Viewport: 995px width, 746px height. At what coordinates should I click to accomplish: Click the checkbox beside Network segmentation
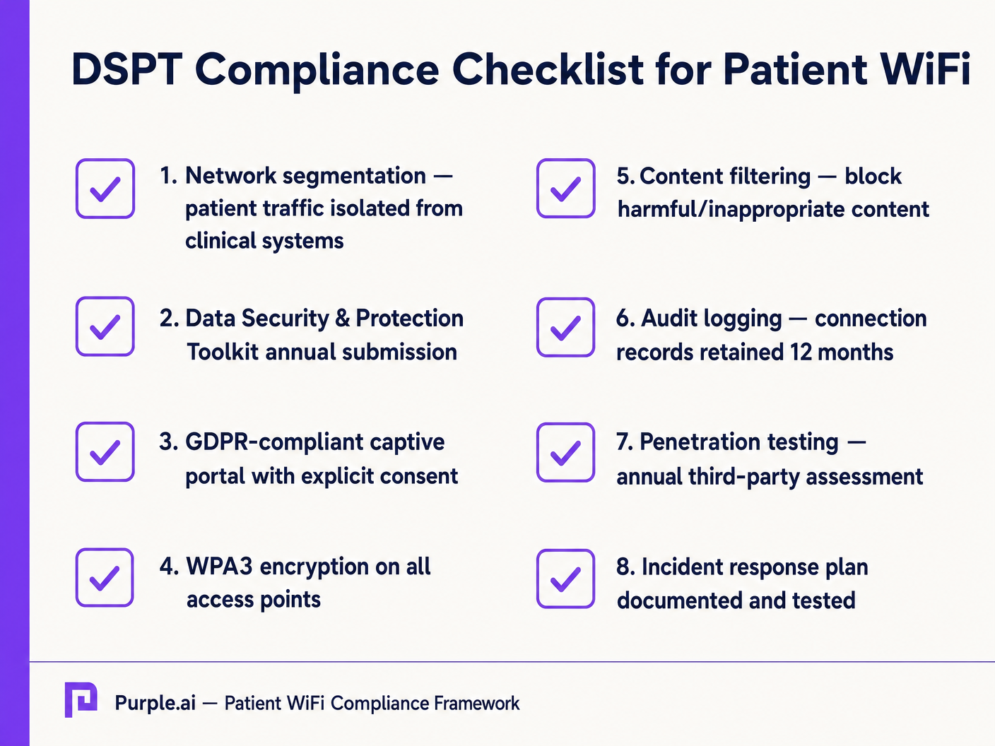click(105, 189)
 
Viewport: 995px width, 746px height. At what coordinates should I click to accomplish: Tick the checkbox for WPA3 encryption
click(105, 577)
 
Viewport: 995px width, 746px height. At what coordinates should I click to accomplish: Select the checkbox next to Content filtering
click(565, 189)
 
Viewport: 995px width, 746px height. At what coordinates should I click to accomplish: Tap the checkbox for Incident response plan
click(565, 579)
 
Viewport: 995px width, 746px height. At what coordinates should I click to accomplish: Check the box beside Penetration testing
click(565, 452)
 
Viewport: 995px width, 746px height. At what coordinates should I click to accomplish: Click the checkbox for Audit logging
click(565, 327)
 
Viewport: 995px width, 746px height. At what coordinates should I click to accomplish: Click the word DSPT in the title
click(127, 69)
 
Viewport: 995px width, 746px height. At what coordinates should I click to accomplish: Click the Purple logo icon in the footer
click(81, 700)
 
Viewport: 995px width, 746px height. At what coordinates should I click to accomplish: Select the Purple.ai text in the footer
click(155, 704)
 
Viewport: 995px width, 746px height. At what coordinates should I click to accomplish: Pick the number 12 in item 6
click(801, 352)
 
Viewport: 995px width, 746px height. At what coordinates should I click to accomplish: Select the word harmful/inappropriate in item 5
click(730, 210)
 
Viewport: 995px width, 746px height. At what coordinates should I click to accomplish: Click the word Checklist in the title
click(548, 69)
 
